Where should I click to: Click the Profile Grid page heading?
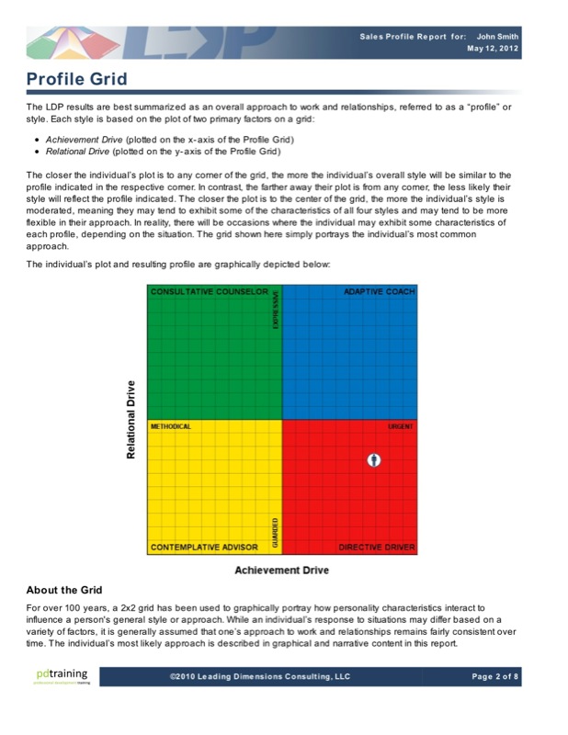[77, 80]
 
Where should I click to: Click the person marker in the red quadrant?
[373, 459]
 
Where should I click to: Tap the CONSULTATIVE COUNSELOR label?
[209, 292]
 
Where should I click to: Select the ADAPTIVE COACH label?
[379, 292]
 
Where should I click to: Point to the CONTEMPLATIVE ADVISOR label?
[204, 547]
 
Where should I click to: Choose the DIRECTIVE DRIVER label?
[377, 547]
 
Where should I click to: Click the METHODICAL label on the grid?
[170, 427]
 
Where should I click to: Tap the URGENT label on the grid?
[401, 427]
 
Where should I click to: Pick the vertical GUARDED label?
[275, 532]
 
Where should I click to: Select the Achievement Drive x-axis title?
[281, 571]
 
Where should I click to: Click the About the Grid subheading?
[64, 590]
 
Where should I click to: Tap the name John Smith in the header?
[497, 36]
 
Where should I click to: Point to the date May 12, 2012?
[493, 49]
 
